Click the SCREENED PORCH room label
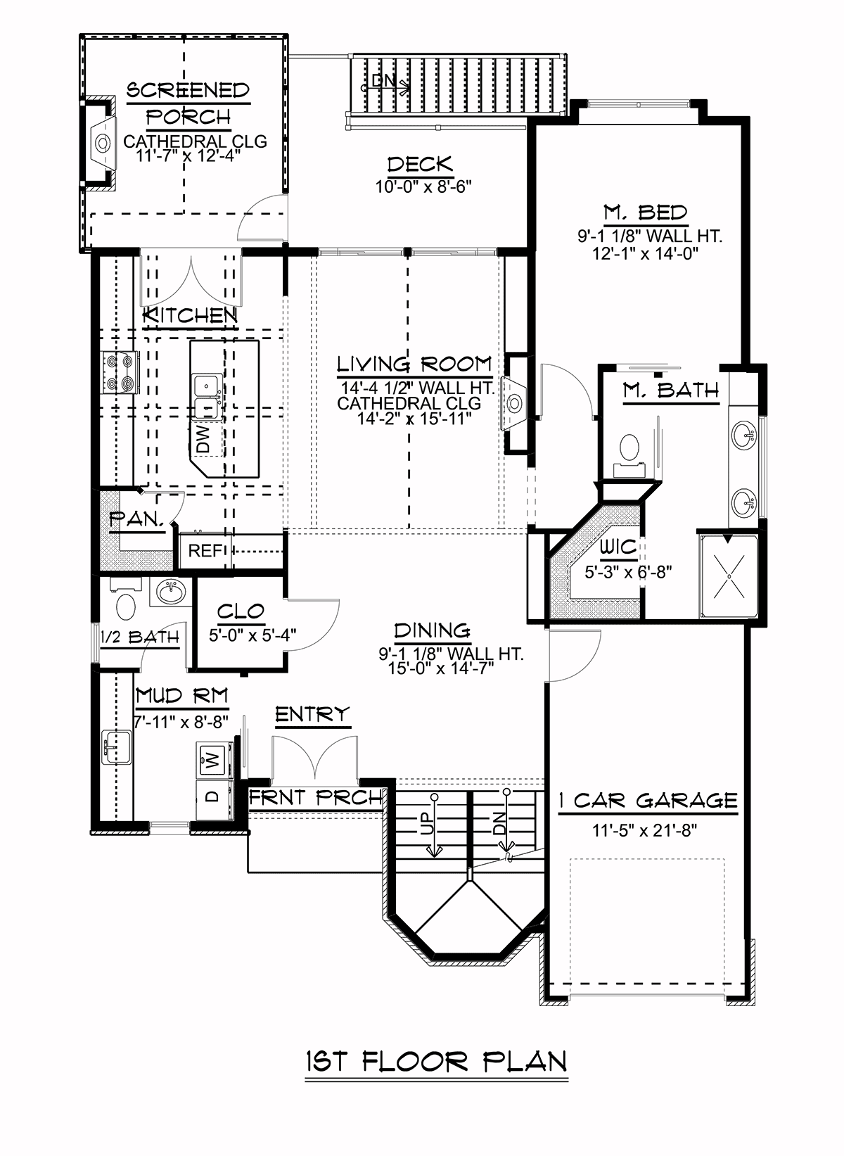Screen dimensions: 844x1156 (188, 103)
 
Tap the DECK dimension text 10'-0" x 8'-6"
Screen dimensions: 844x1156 (424, 186)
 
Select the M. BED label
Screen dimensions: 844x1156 (646, 212)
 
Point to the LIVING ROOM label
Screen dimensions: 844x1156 (414, 364)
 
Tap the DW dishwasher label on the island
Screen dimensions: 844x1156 (204, 438)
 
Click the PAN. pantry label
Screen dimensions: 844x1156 (136, 519)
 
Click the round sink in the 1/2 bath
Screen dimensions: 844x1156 (171, 592)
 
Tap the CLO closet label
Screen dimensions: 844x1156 (241, 611)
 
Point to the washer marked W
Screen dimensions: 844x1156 (214, 758)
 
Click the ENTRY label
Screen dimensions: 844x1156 (312, 714)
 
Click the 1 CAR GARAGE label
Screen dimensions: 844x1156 (648, 801)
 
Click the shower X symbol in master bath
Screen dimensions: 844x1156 (729, 576)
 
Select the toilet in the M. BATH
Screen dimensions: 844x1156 (628, 454)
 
